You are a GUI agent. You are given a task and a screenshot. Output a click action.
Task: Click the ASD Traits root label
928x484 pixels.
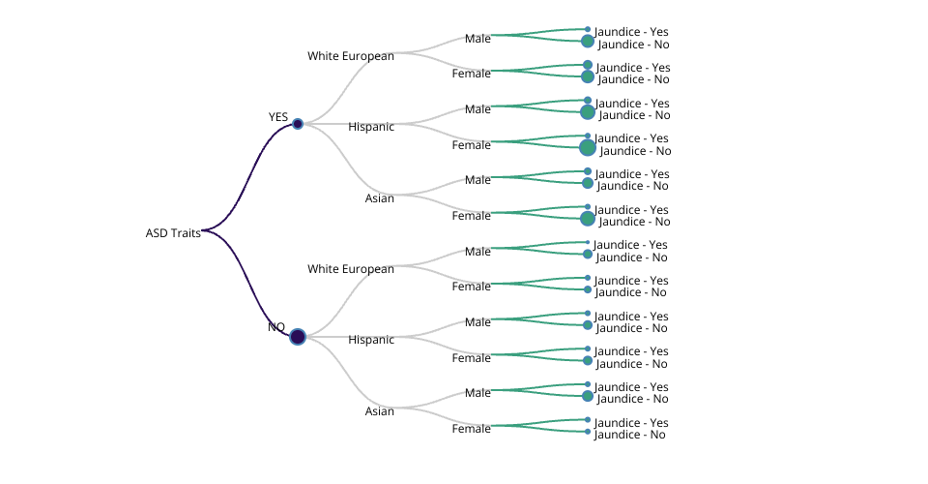point(173,233)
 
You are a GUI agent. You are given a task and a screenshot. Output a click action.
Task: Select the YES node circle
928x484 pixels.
point(298,124)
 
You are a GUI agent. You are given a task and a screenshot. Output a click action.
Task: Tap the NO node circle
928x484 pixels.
point(298,337)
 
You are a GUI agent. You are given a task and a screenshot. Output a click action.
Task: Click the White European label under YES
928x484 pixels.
point(351,56)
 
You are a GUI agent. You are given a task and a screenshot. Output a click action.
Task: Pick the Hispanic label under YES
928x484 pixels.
point(371,127)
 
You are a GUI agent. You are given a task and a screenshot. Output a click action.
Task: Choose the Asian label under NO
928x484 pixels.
point(380,411)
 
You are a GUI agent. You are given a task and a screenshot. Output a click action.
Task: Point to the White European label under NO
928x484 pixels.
point(351,269)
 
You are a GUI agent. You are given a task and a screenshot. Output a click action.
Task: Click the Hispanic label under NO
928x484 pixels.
point(371,340)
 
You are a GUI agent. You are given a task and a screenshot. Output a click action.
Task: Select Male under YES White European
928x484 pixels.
point(478,39)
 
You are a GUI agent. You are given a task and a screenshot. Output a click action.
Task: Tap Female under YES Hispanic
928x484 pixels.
point(472,145)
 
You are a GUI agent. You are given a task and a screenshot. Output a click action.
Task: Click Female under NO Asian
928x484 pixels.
point(472,429)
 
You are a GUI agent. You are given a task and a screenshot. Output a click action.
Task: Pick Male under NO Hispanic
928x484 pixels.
point(478,322)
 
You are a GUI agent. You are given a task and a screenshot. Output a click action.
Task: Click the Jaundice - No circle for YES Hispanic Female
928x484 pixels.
point(588,147)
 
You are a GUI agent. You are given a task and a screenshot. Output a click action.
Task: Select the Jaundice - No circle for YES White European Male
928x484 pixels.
point(588,41)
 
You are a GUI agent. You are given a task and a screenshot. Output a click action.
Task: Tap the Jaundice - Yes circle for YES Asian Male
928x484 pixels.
point(588,171)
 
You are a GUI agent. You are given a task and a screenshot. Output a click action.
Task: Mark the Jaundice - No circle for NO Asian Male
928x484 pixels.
point(588,396)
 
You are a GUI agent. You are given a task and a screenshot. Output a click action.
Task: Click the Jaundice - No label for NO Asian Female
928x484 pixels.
point(630,435)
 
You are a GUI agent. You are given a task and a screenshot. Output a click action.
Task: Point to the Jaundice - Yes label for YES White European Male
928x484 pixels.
point(632,32)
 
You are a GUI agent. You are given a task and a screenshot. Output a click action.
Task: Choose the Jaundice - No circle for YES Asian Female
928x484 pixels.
point(588,219)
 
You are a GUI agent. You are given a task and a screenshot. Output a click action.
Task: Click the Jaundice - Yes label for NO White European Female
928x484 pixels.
point(631,281)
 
